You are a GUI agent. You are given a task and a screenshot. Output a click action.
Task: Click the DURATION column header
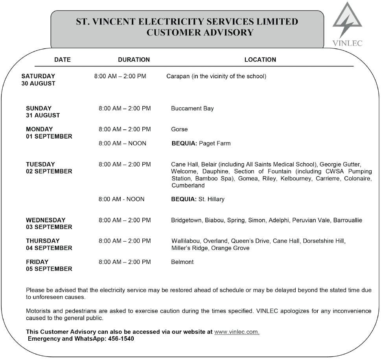click(134, 60)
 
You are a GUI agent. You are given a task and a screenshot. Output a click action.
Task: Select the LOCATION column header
click(260, 60)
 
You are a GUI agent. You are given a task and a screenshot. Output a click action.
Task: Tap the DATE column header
click(63, 60)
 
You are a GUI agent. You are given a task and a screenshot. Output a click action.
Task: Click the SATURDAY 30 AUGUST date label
click(39, 80)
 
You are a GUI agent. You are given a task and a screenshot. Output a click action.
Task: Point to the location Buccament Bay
click(192, 108)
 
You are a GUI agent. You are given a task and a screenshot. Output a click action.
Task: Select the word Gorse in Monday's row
click(179, 129)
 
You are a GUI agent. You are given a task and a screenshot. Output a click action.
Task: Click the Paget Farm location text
click(215, 144)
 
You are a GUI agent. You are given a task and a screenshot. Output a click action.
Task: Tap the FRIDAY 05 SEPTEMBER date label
click(49, 266)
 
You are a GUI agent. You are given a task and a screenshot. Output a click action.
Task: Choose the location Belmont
click(182, 262)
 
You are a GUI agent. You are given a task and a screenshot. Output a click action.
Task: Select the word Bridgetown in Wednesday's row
click(186, 220)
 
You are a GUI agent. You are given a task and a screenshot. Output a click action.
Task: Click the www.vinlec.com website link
click(237, 332)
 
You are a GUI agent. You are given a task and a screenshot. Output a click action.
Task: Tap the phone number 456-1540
click(121, 339)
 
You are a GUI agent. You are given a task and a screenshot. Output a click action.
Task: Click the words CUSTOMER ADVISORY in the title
click(200, 33)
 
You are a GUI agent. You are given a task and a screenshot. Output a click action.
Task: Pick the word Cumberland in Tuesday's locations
click(188, 186)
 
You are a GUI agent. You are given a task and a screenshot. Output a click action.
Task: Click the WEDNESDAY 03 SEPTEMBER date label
click(49, 223)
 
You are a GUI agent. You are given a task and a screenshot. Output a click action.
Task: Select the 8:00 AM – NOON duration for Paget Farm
click(122, 144)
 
